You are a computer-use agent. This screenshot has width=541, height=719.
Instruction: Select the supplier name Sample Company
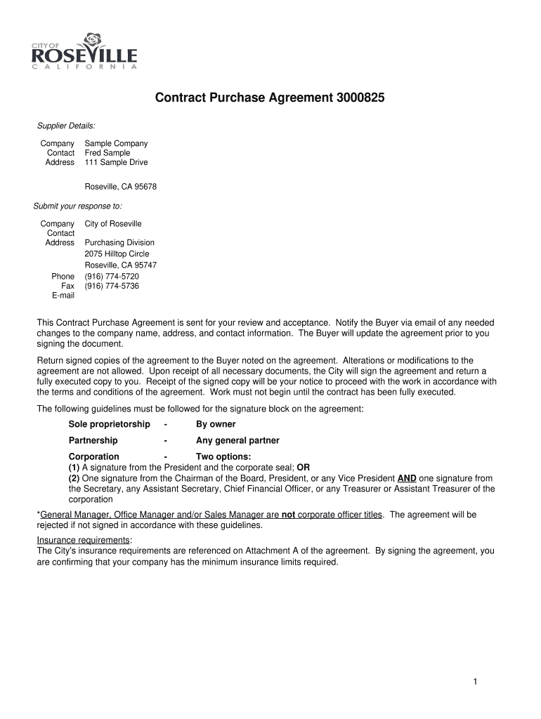pos(117,143)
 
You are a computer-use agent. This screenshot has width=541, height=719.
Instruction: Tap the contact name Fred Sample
pos(107,153)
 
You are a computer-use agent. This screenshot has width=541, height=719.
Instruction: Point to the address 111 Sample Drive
pos(117,162)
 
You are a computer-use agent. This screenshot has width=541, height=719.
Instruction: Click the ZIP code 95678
pos(144,187)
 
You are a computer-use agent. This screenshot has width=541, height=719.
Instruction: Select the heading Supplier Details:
pos(66,126)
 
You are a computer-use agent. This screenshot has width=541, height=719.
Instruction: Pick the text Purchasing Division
pos(119,242)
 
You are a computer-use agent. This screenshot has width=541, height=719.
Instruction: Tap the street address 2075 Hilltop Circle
pos(117,254)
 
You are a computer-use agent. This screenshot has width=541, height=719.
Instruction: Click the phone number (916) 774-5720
pos(112,277)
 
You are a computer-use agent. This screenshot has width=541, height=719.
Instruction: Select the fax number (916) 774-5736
pos(112,286)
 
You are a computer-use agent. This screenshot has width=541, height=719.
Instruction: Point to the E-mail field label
pos(63,296)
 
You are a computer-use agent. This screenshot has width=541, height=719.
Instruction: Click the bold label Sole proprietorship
pos(109,424)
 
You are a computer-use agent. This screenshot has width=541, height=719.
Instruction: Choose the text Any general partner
pos(237,441)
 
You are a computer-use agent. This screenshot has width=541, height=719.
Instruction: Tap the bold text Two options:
pos(223,457)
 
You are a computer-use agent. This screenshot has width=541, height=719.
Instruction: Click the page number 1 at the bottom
pos(475,682)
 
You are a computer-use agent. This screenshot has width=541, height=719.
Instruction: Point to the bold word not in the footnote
pos(288,515)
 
